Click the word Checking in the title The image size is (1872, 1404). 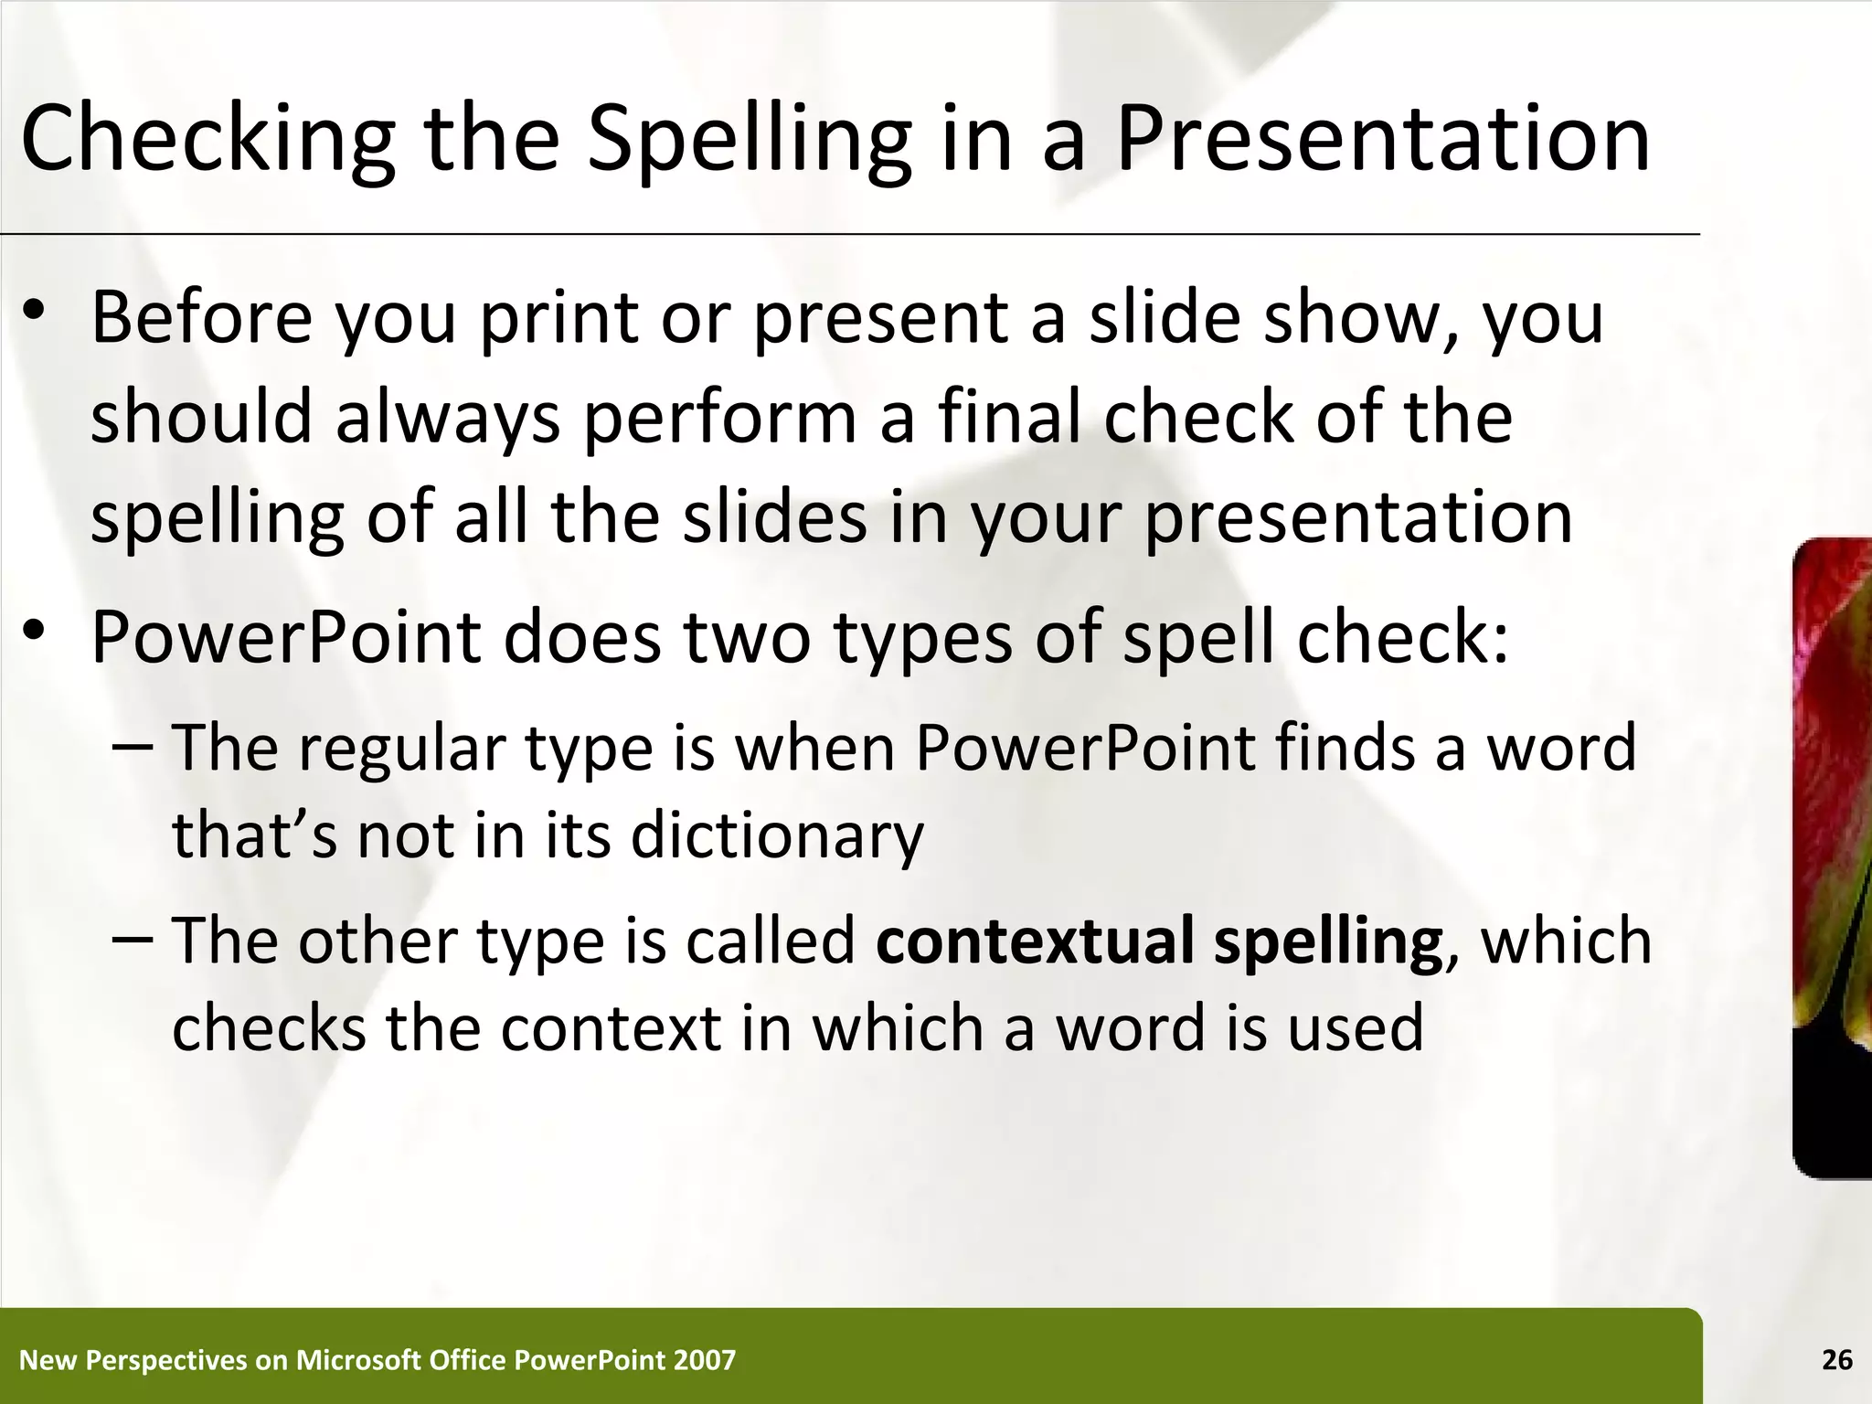click(208, 139)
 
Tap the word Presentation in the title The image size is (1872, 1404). click(1383, 139)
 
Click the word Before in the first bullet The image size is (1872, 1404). click(201, 317)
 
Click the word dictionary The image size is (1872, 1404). click(777, 836)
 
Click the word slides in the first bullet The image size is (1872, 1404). click(774, 517)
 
